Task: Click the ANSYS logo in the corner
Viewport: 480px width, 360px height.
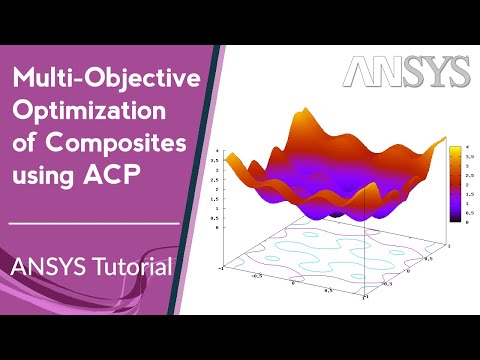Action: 406,72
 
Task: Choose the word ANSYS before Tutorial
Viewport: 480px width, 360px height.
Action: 46,267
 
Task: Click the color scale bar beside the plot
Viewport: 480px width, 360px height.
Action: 454,181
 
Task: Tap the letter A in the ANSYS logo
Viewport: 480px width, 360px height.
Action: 361,72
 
